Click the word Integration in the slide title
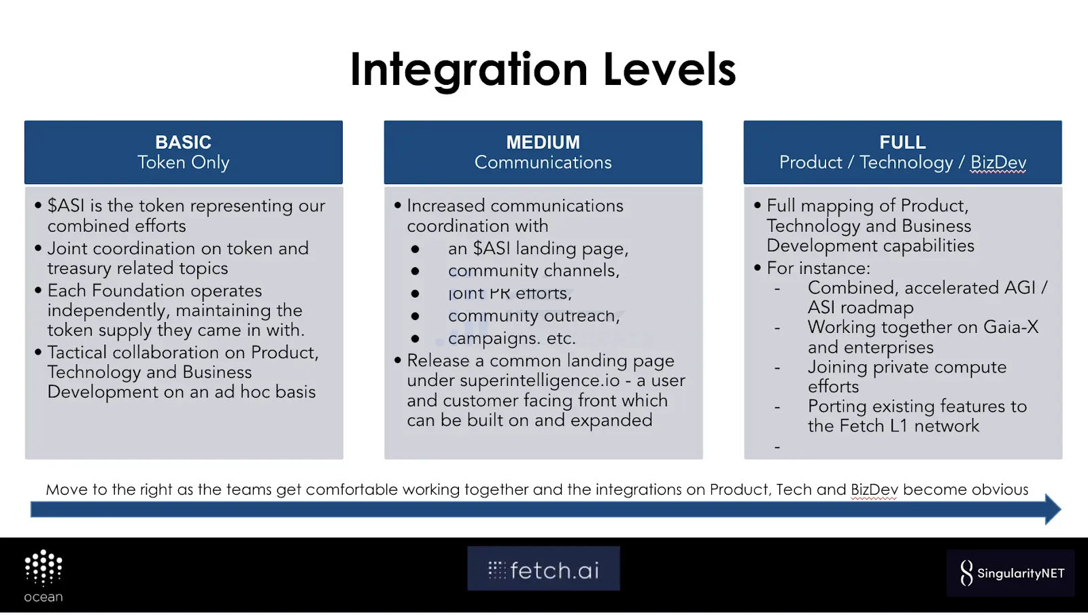[x=469, y=71]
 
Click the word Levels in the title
[x=670, y=69]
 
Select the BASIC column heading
[x=183, y=142]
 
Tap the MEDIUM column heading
[x=543, y=142]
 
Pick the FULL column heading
[x=902, y=142]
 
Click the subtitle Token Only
[x=183, y=162]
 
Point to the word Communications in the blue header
[x=543, y=162]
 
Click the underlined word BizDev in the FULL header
[x=998, y=162]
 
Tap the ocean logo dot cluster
[x=44, y=567]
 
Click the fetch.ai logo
[x=543, y=568]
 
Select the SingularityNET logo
[x=1010, y=573]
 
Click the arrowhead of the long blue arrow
[x=1053, y=509]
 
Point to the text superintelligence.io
[x=540, y=381]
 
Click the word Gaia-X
[x=1010, y=327]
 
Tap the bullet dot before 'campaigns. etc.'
[x=415, y=339]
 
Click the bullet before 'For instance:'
[x=758, y=268]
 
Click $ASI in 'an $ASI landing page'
[x=492, y=248]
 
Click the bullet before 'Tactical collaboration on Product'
[x=38, y=351]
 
